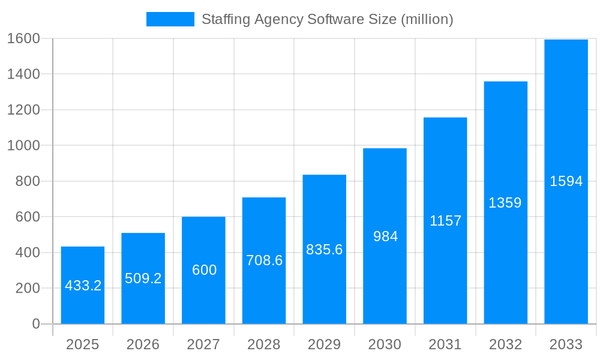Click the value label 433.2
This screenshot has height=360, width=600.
(x=83, y=286)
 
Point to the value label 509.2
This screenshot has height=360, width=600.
(x=143, y=278)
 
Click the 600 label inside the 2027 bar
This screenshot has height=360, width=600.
(x=204, y=270)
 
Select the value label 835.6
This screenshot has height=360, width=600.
(x=324, y=250)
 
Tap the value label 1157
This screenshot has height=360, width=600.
(x=445, y=221)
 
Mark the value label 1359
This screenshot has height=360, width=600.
(x=505, y=203)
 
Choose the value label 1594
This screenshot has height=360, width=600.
(x=566, y=181)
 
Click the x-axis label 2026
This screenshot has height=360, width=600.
(x=143, y=344)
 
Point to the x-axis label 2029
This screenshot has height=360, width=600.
(x=324, y=344)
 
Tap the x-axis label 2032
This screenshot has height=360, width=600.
(x=505, y=344)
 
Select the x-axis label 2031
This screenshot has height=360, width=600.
(x=445, y=344)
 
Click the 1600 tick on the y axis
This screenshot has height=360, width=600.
(x=23, y=38)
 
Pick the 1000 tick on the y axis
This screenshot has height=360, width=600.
(x=23, y=145)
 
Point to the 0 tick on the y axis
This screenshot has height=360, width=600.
(x=35, y=324)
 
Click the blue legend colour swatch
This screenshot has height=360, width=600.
(x=170, y=19)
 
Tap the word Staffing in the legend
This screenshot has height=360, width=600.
(x=225, y=19)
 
